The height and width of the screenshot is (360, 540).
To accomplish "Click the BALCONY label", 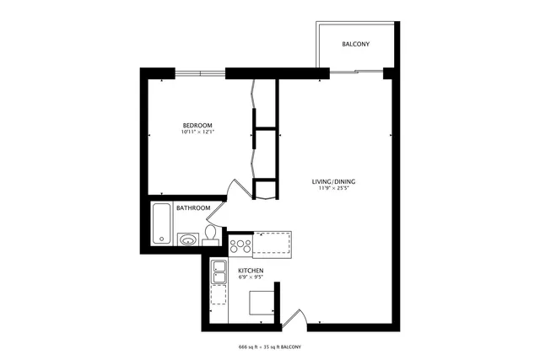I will click(355, 44).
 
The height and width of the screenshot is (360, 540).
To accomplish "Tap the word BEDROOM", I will click(197, 125).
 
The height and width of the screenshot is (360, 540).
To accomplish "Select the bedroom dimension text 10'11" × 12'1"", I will click(197, 132).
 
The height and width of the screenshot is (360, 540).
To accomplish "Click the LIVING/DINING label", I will click(332, 182).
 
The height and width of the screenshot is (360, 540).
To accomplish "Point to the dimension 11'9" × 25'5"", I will click(332, 190).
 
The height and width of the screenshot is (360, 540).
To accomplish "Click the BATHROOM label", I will click(192, 208).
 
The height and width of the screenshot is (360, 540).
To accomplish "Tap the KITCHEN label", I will click(251, 270).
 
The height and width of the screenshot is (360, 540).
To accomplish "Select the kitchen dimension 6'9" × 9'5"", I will click(251, 277).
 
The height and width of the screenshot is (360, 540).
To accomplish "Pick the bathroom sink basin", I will click(188, 239).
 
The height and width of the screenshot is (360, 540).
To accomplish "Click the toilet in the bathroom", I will click(211, 234).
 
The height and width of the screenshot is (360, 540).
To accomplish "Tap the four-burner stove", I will click(240, 246).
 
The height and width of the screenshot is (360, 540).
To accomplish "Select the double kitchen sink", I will click(219, 271).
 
